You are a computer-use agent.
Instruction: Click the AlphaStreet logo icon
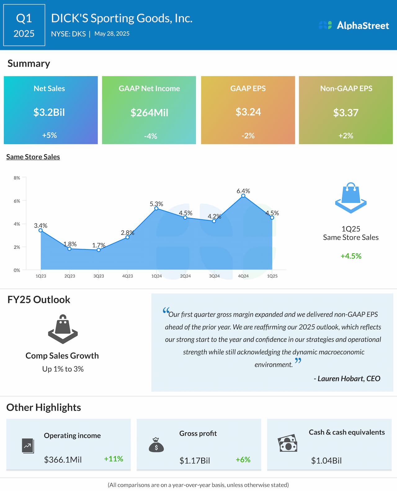325,25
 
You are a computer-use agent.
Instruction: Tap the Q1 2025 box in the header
24,25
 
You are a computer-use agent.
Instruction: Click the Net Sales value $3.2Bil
49,112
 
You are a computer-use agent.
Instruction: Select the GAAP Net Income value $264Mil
149,113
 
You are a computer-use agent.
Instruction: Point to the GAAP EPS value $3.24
248,112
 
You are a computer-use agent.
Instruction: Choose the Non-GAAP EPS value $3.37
346,113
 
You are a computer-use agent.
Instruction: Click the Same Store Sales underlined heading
33,157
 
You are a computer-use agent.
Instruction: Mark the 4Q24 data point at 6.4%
243,196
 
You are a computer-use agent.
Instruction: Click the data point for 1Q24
156,208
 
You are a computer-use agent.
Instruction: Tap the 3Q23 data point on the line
99,250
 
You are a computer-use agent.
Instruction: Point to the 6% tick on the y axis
17,201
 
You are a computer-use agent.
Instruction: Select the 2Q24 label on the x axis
185,276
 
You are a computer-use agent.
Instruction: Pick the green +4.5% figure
351,256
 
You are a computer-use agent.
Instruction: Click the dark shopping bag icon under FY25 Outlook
63,329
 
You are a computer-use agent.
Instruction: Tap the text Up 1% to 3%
63,369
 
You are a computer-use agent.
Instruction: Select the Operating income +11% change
114,459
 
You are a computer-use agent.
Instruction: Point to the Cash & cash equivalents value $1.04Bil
326,461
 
